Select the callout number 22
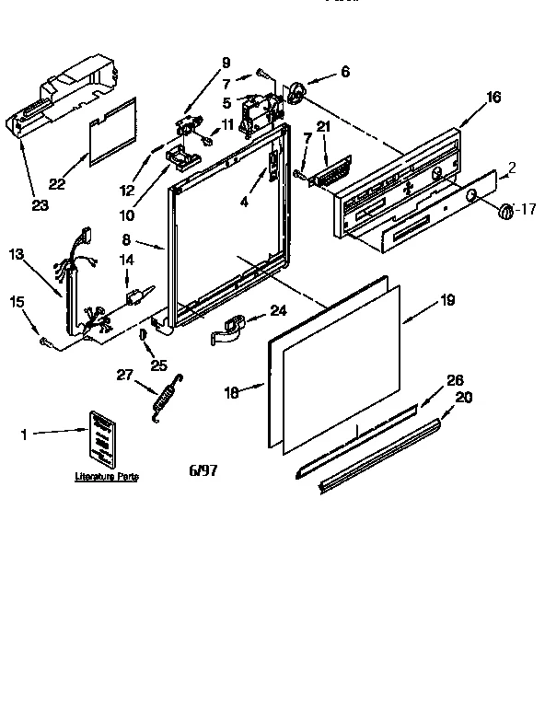[x=57, y=184]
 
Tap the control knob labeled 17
[x=504, y=213]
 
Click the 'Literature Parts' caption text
[x=106, y=477]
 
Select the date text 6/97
[x=203, y=471]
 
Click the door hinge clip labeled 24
[x=229, y=328]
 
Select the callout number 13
[x=17, y=253]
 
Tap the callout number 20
[x=463, y=397]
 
